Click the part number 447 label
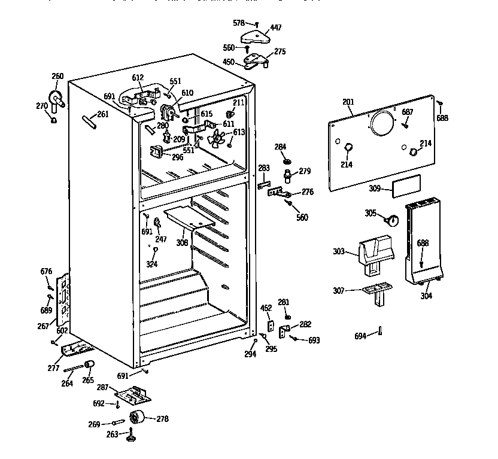click(275, 28)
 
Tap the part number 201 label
click(348, 102)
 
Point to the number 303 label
click(339, 252)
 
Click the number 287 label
click(103, 388)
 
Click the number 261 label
click(103, 114)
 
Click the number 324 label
click(153, 263)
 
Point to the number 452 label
click(266, 308)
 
